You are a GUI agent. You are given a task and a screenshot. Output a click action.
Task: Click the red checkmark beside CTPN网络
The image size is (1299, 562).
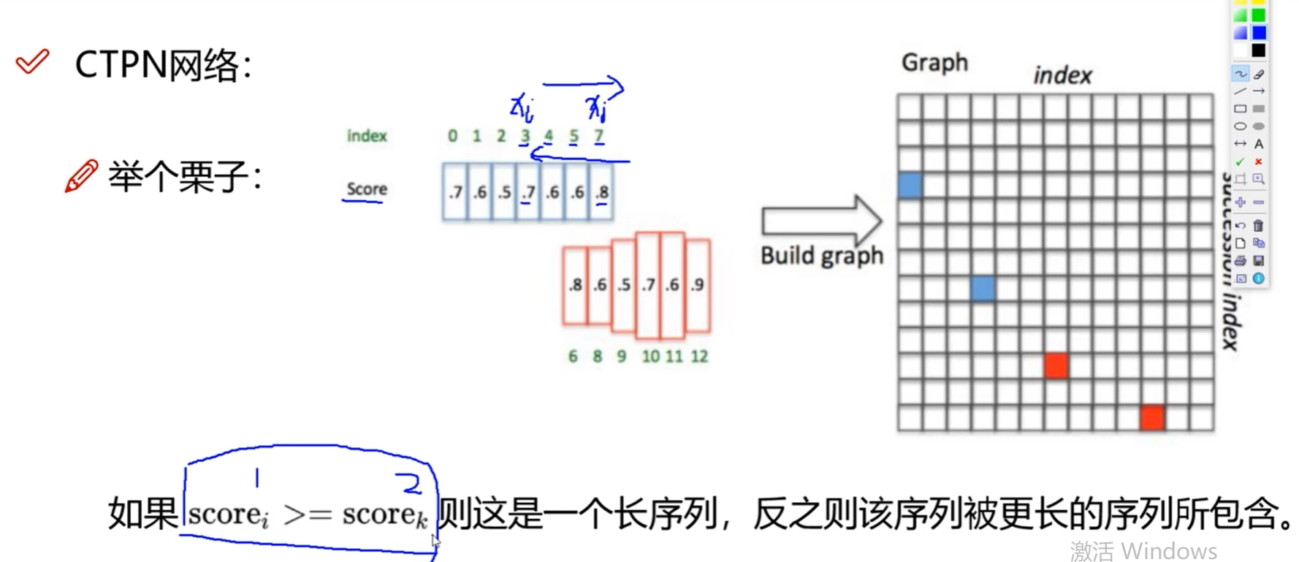click(33, 62)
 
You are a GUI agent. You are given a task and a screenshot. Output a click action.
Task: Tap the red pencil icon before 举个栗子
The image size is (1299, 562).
click(80, 176)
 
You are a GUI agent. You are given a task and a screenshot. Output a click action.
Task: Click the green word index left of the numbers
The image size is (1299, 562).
click(367, 136)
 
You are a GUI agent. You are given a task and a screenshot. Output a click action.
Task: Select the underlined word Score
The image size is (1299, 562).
click(367, 189)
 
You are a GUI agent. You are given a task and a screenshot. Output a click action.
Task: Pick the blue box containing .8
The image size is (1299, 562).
click(601, 192)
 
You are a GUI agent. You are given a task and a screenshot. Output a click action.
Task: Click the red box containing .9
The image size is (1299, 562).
click(698, 284)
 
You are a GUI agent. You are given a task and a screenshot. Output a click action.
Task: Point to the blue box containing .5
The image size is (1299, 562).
click(504, 192)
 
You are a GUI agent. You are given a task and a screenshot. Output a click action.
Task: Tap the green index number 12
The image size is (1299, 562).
click(699, 357)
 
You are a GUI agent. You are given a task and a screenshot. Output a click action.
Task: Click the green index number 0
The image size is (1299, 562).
click(453, 136)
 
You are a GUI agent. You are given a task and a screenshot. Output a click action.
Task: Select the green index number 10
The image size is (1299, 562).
click(650, 357)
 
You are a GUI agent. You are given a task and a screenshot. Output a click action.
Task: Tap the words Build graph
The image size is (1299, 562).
click(822, 256)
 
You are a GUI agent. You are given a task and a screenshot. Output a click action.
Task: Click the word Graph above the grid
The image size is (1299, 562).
click(934, 63)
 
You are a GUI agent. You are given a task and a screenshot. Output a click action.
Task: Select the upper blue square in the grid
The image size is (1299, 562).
click(910, 186)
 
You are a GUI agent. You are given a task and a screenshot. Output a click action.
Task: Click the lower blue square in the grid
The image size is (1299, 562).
click(983, 289)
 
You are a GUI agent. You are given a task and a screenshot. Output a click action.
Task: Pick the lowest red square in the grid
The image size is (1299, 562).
click(1152, 417)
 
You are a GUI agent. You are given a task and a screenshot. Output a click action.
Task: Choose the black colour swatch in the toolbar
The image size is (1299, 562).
click(1258, 50)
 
